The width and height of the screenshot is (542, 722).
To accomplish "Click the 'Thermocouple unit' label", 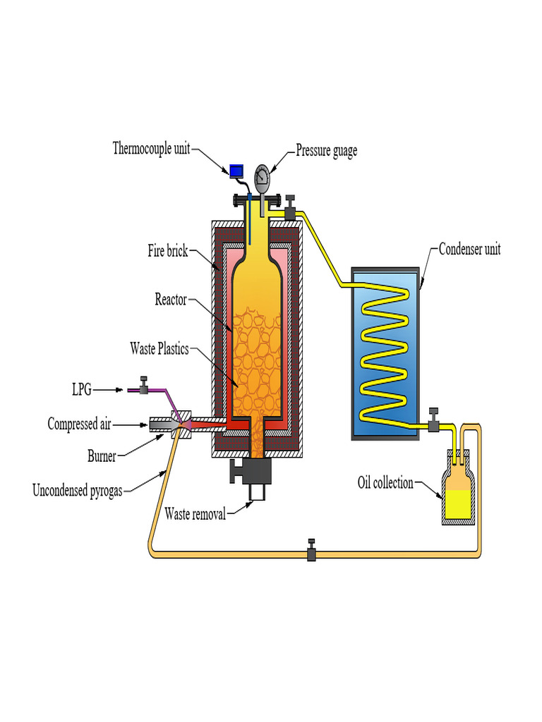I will point(151,149).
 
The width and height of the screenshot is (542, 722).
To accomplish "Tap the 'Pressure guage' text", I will point(326,151).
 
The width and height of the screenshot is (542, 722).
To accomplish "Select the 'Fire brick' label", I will point(167,250).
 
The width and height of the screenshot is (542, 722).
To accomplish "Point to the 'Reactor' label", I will point(171,300).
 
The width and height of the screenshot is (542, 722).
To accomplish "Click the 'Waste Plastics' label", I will point(159,348).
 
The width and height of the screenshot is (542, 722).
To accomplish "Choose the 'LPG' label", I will point(81,388).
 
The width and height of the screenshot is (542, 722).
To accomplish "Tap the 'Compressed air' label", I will point(79,424).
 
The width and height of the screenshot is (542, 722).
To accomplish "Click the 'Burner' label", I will point(102,456).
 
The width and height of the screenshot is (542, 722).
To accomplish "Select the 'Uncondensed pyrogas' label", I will point(77,490).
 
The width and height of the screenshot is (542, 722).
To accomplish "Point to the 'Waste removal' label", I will point(195,513).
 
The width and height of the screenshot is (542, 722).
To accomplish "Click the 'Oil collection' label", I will point(385,483).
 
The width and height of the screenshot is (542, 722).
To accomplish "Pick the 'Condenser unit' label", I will point(469,249).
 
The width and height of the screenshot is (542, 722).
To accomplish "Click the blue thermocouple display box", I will point(236,171).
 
